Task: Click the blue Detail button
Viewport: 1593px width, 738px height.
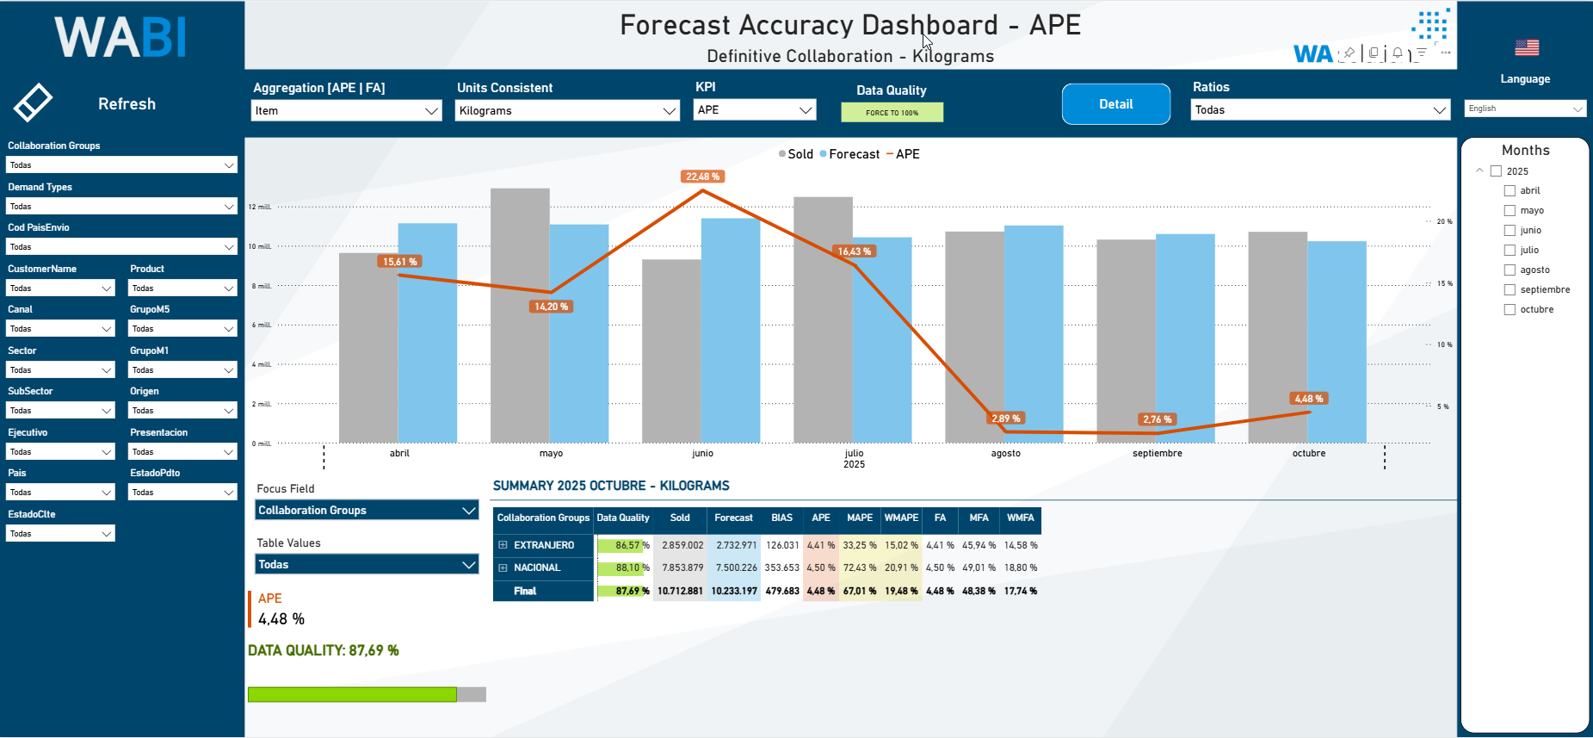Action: click(x=1115, y=104)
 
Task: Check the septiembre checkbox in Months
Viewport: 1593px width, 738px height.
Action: click(x=1510, y=290)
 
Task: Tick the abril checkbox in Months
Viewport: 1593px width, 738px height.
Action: click(x=1510, y=191)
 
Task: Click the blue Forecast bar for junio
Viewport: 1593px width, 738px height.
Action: click(x=731, y=331)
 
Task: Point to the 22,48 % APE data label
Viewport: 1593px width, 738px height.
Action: click(x=703, y=177)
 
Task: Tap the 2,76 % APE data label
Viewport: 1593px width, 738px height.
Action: click(x=1157, y=419)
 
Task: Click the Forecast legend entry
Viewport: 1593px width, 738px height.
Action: click(x=853, y=154)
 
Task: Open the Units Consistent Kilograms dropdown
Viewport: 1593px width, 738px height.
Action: click(x=567, y=111)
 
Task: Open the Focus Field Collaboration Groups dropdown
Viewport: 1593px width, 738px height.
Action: click(x=367, y=511)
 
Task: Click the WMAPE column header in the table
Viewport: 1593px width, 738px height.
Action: click(x=901, y=518)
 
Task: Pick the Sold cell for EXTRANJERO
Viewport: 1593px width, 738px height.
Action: click(x=682, y=545)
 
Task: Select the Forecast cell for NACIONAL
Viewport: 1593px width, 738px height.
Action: click(x=735, y=568)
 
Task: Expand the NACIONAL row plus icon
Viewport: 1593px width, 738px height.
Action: click(x=503, y=568)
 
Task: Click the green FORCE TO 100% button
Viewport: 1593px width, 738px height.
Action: click(x=892, y=113)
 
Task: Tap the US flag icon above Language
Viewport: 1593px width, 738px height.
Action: click(x=1527, y=48)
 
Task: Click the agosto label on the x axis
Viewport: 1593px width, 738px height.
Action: click(x=1005, y=454)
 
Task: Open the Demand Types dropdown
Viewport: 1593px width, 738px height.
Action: click(x=121, y=207)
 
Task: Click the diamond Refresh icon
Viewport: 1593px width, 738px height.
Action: click(x=34, y=103)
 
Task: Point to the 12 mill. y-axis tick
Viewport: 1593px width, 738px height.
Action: click(x=260, y=208)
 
